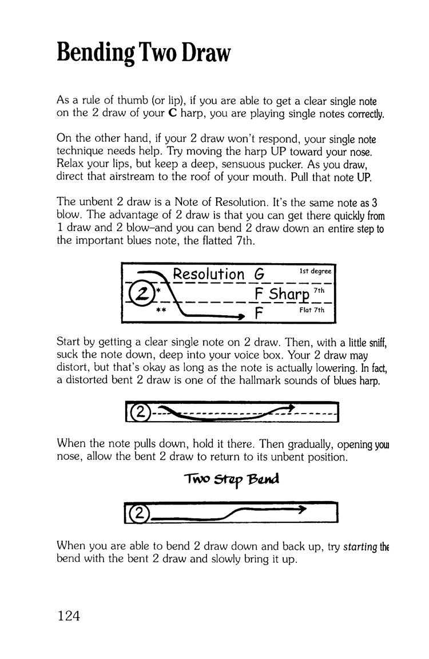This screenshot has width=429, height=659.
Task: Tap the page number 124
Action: (70, 616)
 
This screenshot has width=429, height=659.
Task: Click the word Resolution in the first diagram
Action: (209, 275)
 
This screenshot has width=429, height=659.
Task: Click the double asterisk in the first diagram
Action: (162, 313)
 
